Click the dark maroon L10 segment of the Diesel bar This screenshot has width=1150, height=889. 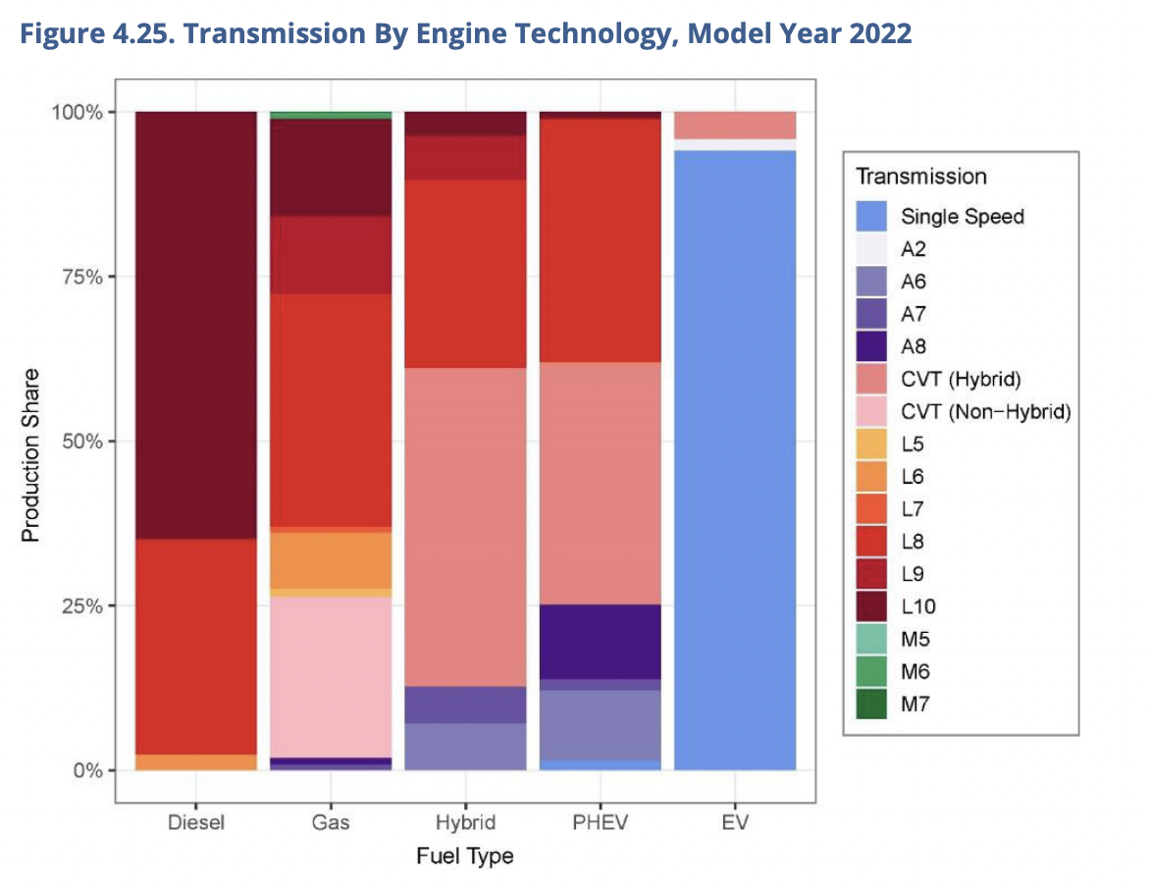(196, 324)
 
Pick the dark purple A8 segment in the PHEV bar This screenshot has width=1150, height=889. (601, 641)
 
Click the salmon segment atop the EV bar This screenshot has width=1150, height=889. (734, 125)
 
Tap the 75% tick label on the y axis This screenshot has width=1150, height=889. (78, 277)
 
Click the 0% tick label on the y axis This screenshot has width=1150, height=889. (84, 770)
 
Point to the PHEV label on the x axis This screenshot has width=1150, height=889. (601, 822)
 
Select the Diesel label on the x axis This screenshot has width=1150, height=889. (196, 822)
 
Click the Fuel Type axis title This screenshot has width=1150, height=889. (464, 856)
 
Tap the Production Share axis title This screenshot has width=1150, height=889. (30, 454)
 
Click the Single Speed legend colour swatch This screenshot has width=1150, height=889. (870, 217)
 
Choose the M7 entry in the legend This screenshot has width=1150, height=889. (915, 705)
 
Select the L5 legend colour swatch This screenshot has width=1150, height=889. (870, 444)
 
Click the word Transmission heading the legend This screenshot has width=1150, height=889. (920, 177)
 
